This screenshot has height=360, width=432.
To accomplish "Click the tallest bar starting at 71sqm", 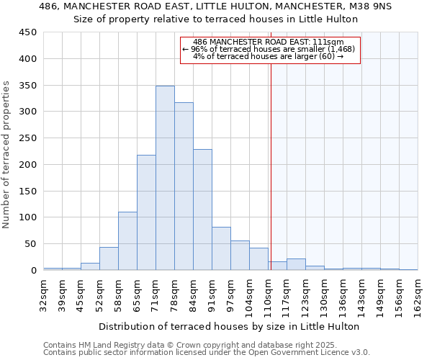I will coord(165,178).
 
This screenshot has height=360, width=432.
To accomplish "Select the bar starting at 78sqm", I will coord(184,186).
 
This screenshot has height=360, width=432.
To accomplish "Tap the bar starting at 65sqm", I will coord(146,212).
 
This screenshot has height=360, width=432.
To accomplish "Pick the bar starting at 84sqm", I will coord(202,210).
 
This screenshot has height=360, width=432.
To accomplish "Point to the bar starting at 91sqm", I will coord(221,248).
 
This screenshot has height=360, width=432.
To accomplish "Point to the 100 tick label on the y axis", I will coord(27,217).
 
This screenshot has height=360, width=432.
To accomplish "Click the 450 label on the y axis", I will coord(27,32).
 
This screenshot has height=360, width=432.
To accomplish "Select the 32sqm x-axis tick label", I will coord(44,294).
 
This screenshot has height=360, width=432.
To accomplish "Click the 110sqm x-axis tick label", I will coord(269,297).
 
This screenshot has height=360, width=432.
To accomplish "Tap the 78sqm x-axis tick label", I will coord(175,294).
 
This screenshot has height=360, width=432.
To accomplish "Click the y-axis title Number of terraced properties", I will coord(7,155).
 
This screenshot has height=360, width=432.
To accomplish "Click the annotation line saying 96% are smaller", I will coord(269,49).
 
